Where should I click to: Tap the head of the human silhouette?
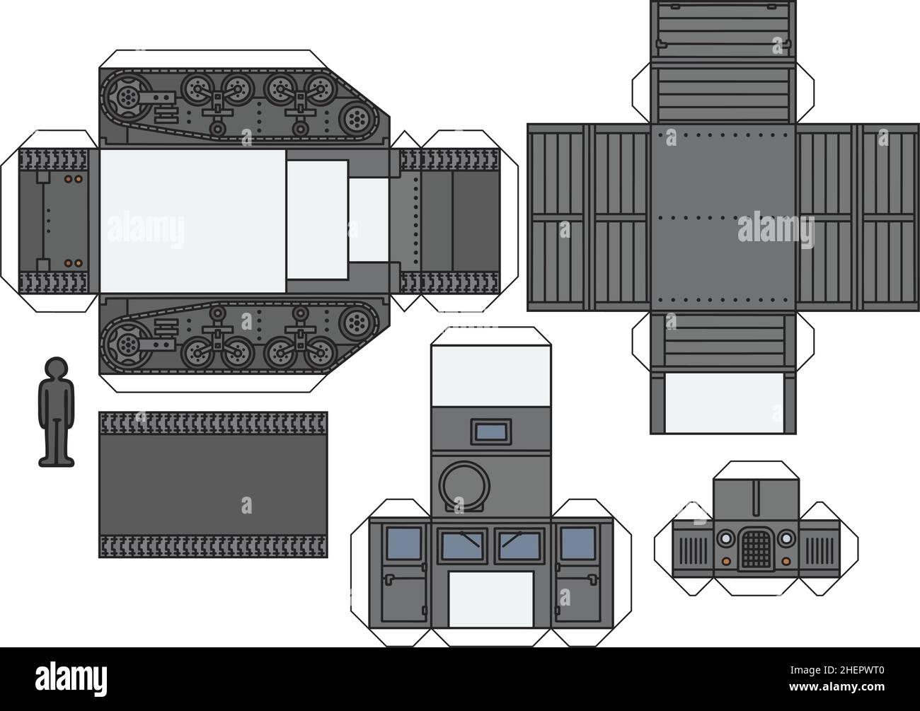point(56,369)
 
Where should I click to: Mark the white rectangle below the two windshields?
point(491,599)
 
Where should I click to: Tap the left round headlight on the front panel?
point(725,538)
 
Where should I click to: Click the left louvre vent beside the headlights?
point(689,549)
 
